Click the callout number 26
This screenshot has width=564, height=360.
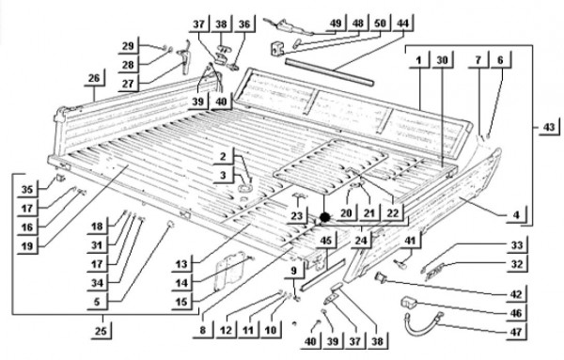tap(94, 78)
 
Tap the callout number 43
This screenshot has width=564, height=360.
tap(549, 127)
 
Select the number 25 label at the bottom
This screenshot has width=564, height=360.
tap(102, 330)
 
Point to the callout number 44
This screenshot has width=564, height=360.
tap(403, 23)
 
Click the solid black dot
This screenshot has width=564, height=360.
tap(325, 217)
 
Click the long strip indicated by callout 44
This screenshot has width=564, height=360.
tap(330, 73)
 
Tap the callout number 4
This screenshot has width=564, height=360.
tap(516, 214)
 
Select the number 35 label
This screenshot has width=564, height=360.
tap(27, 189)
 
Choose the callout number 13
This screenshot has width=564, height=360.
tap(181, 264)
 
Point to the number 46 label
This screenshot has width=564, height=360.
tap(516, 313)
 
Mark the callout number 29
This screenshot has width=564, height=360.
tap(128, 46)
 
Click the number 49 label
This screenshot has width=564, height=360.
tap(336, 23)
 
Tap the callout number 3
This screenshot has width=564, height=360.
tap(224, 175)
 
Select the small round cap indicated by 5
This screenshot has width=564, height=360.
tap(170, 225)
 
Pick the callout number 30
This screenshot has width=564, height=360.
tap(442, 60)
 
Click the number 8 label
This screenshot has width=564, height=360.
tap(203, 330)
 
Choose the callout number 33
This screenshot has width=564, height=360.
tap(517, 245)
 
